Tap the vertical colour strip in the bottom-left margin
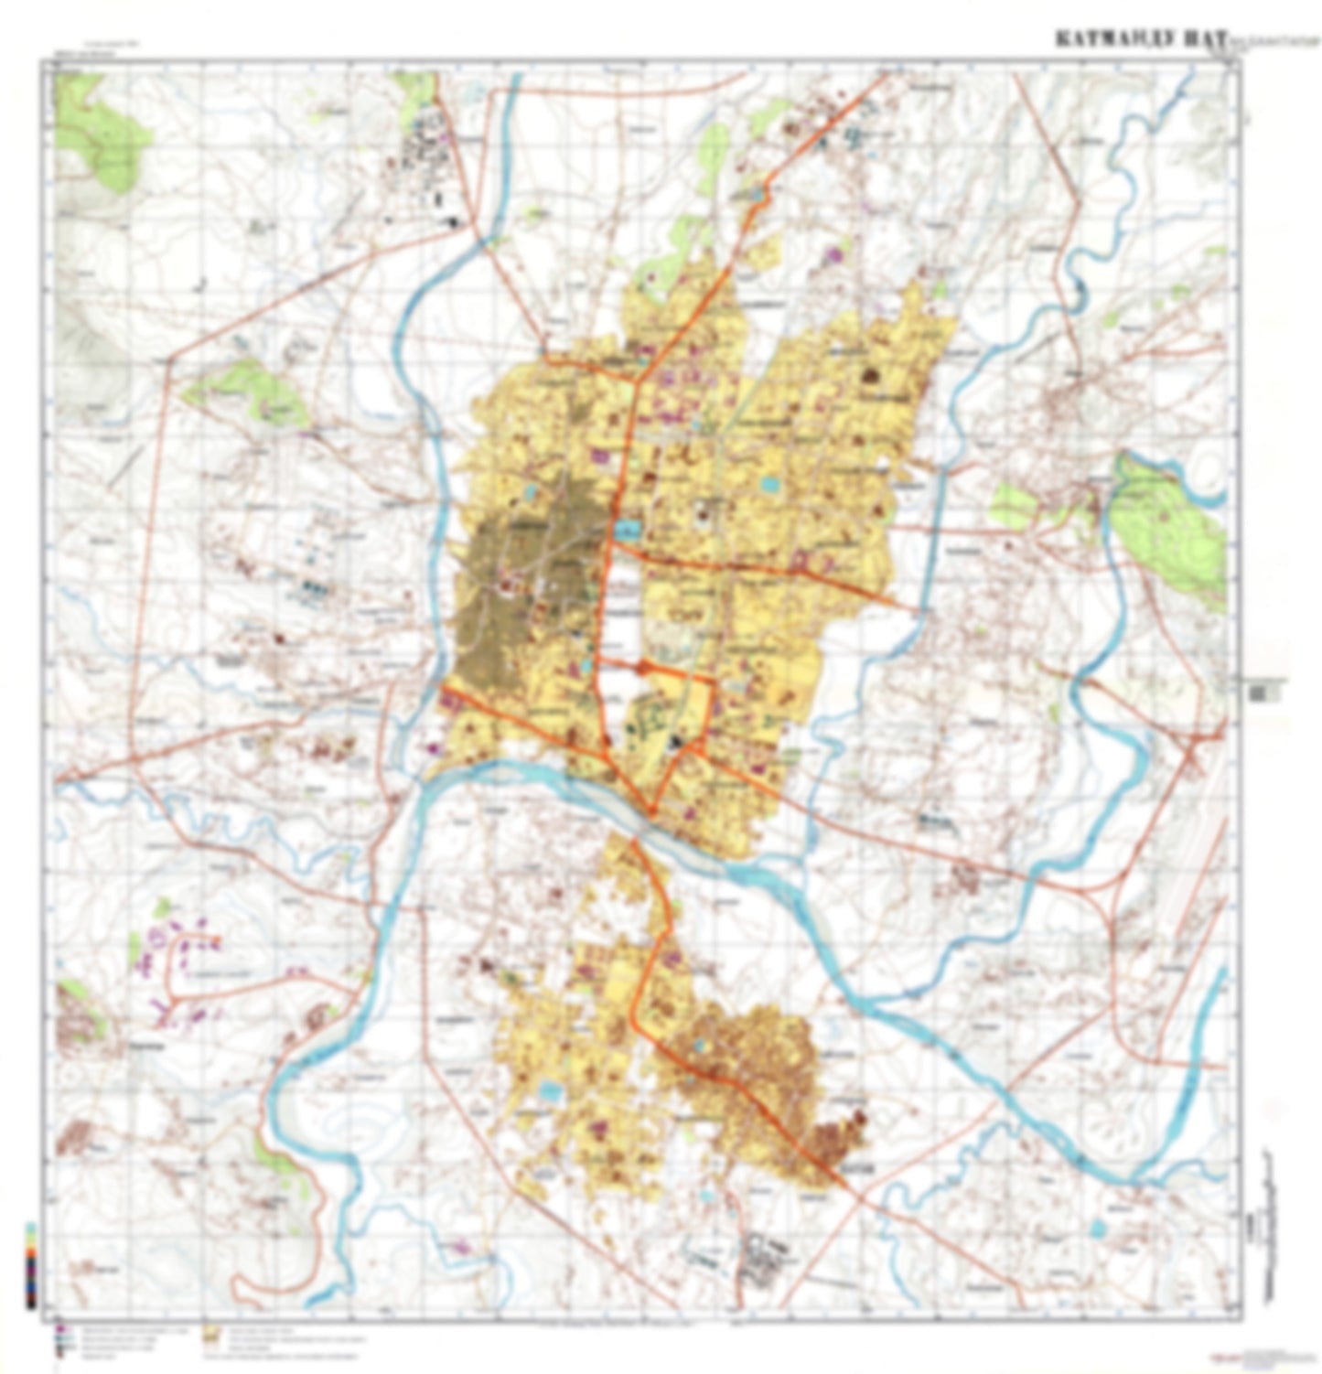(32, 1268)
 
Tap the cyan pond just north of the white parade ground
(628, 530)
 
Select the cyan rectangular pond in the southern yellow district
(551, 1090)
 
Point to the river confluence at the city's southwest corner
(430, 778)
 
